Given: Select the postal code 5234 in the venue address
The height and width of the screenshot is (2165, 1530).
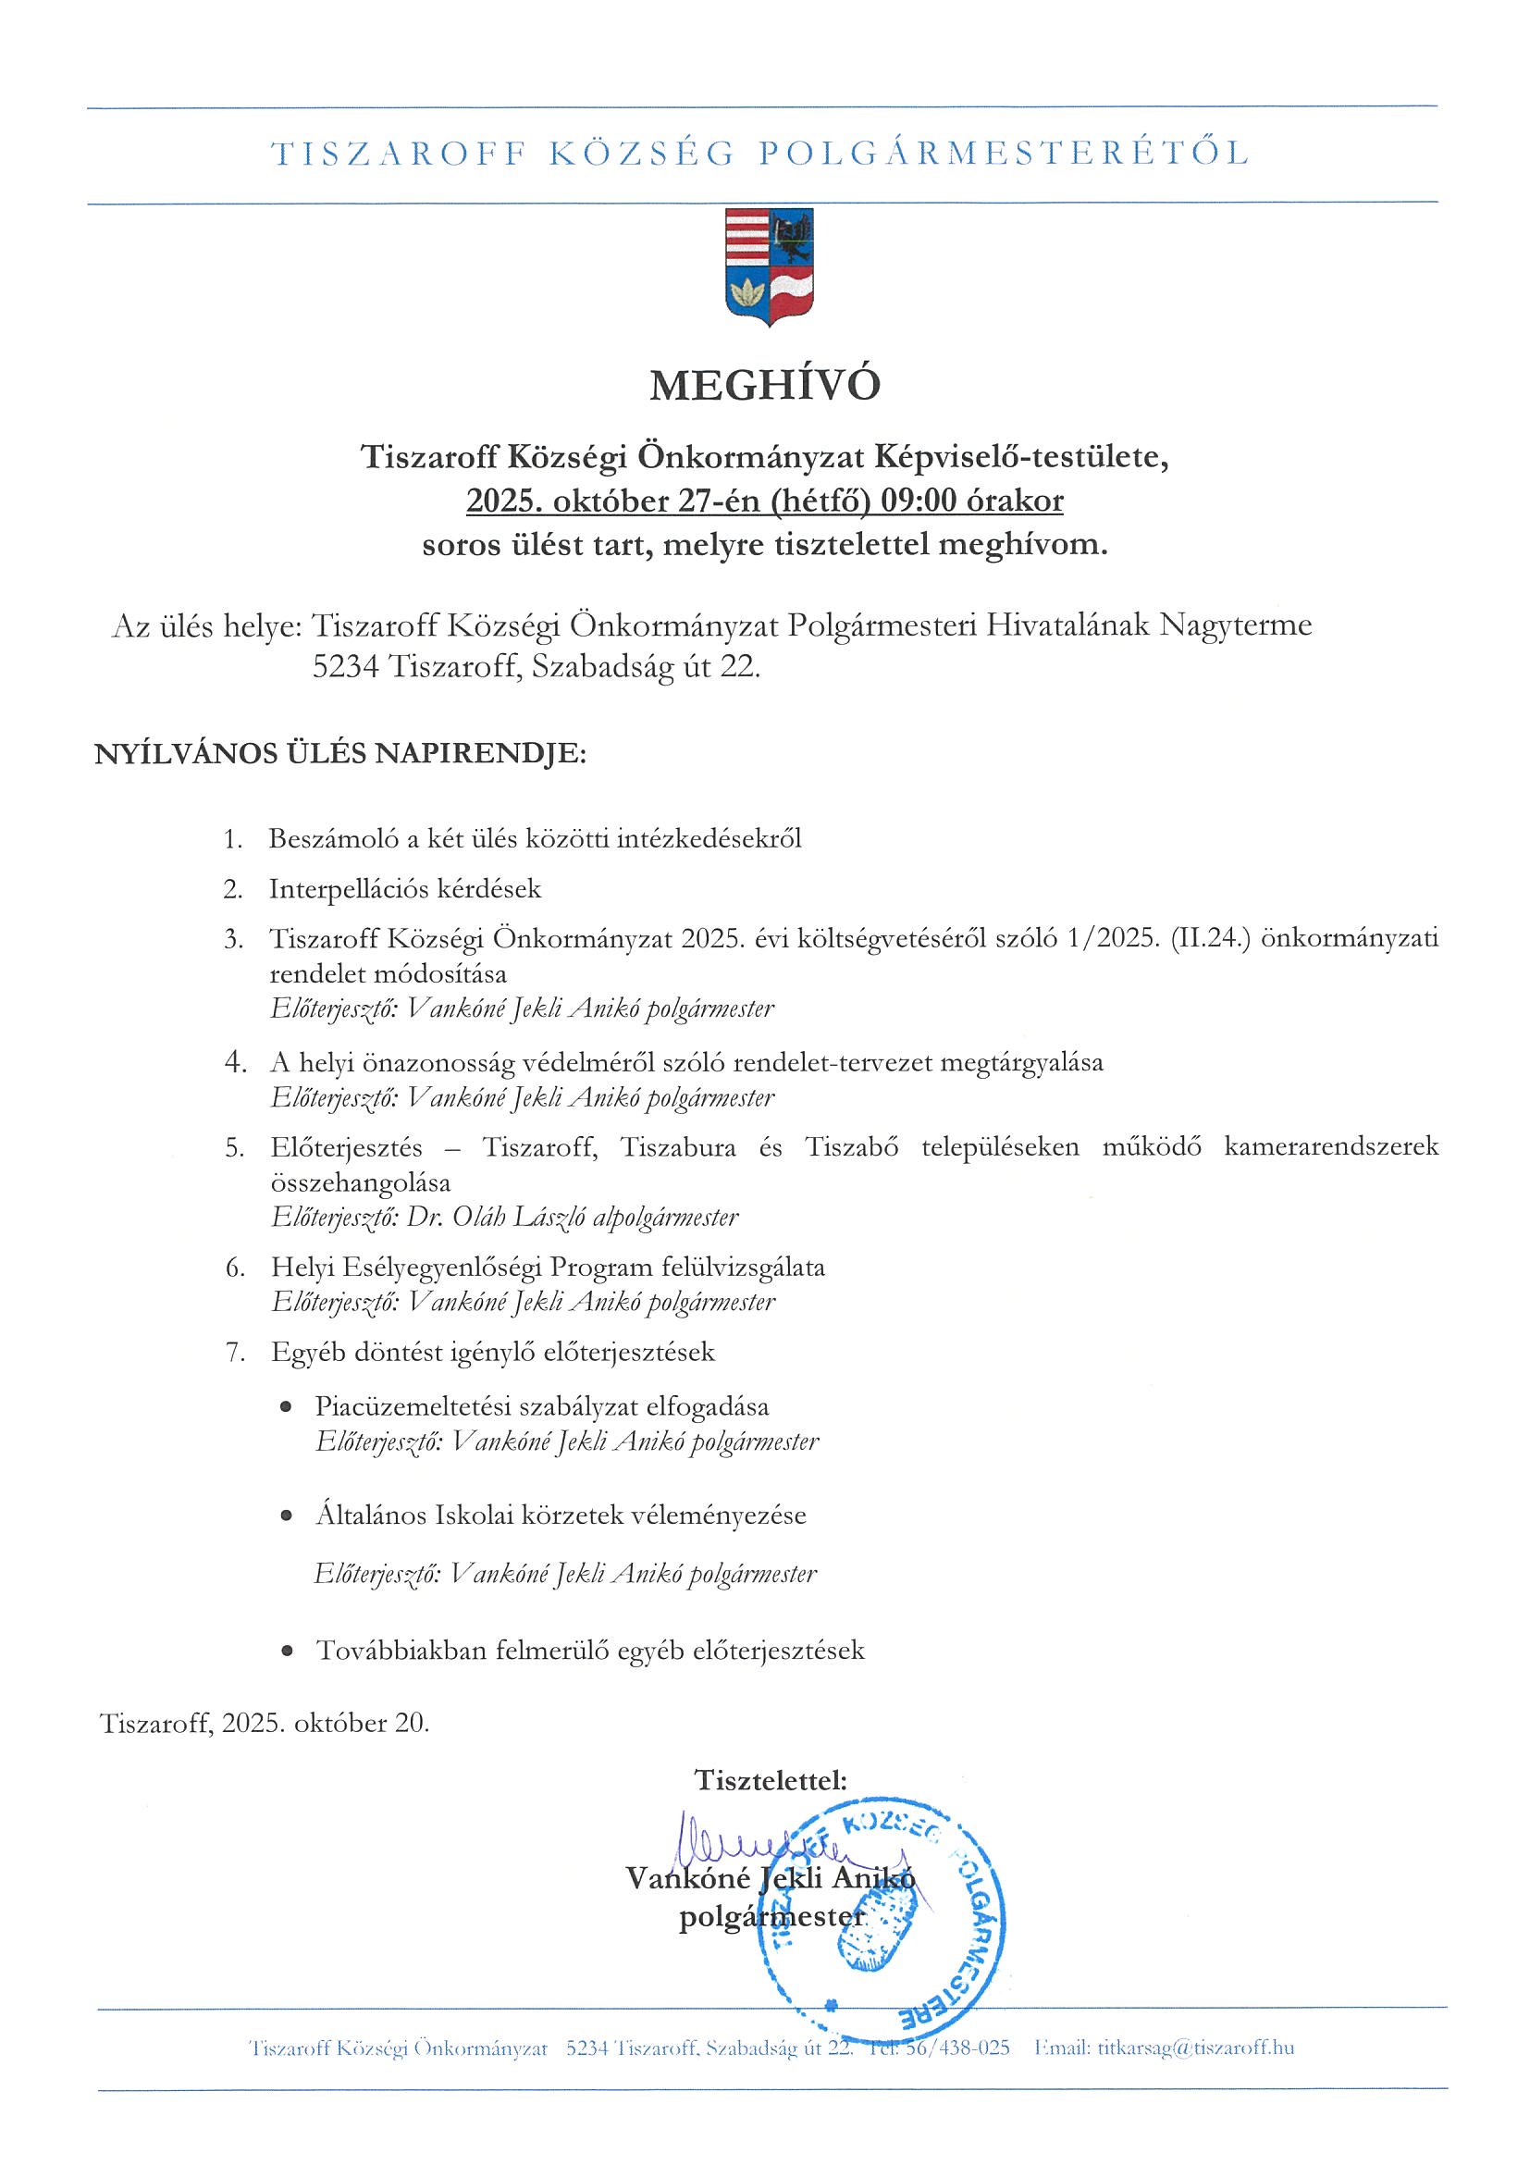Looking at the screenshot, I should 345,668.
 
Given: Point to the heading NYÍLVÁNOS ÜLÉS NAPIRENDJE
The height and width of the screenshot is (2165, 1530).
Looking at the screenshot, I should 339,754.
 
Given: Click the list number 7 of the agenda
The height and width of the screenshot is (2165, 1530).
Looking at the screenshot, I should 234,1352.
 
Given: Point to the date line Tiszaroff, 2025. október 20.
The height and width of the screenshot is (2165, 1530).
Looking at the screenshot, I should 264,1724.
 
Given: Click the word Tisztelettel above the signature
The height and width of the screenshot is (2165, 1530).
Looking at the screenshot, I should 770,1780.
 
